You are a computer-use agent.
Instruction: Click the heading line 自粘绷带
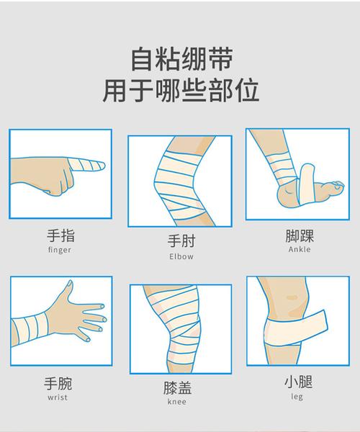pyautogui.click(x=181, y=57)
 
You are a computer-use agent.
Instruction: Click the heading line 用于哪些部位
pyautogui.click(x=181, y=92)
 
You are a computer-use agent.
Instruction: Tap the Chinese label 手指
pyautogui.click(x=60, y=235)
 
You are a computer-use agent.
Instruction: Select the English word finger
pyautogui.click(x=60, y=251)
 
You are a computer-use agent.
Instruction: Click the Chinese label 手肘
pyautogui.click(x=181, y=241)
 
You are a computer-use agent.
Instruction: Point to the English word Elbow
pyautogui.click(x=181, y=256)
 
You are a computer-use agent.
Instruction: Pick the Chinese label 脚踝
pyautogui.click(x=300, y=235)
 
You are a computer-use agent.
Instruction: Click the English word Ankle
pyautogui.click(x=300, y=250)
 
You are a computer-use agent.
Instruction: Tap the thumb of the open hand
pyautogui.click(x=69, y=288)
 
